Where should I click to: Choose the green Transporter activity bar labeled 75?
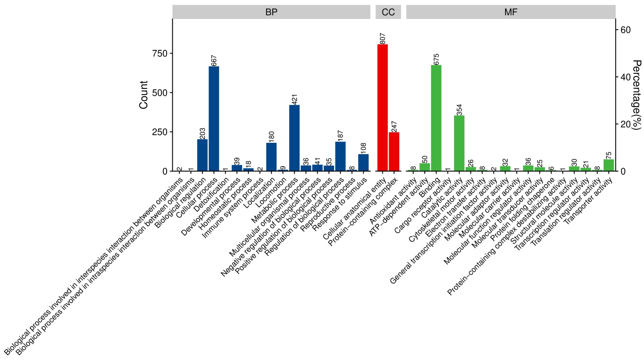[x=609, y=165]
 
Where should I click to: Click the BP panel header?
[x=271, y=12]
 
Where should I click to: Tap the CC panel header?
[x=388, y=12]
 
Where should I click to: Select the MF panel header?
[x=511, y=12]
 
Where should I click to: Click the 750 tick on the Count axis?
[x=159, y=53]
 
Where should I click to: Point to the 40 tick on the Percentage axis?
[x=625, y=77]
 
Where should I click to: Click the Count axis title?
[x=144, y=95]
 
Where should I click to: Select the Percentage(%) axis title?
[x=636, y=95]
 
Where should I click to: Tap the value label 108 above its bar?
[x=364, y=148]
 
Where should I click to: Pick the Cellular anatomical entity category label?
[x=355, y=209]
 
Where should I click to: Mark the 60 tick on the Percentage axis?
[x=625, y=30]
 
